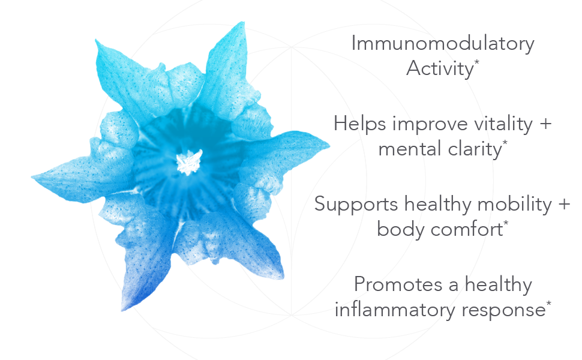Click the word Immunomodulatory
(x=443, y=43)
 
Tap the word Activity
(x=440, y=68)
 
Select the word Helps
(x=359, y=124)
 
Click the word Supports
(x=356, y=205)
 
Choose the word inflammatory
(x=395, y=310)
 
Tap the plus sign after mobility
(x=564, y=205)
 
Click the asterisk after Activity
(x=476, y=62)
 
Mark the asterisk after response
(x=548, y=303)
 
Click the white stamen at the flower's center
(x=189, y=162)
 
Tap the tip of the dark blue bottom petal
(x=123, y=310)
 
